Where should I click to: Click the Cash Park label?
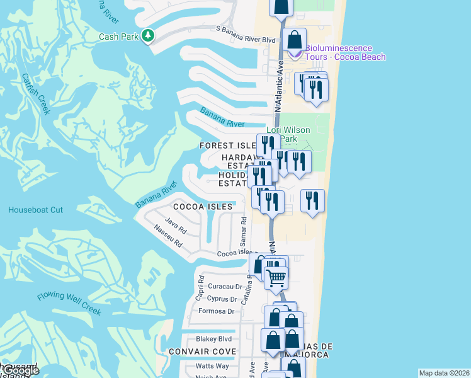coord(118,37)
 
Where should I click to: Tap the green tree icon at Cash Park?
coord(148,36)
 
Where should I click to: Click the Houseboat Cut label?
coord(35,210)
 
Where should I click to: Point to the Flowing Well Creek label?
coord(69,302)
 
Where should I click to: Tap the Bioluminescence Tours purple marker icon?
coord(294,54)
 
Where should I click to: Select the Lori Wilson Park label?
coord(293,134)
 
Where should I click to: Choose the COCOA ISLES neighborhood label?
coord(203,207)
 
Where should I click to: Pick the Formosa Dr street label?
coord(217,311)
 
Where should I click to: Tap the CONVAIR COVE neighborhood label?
coord(202,352)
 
